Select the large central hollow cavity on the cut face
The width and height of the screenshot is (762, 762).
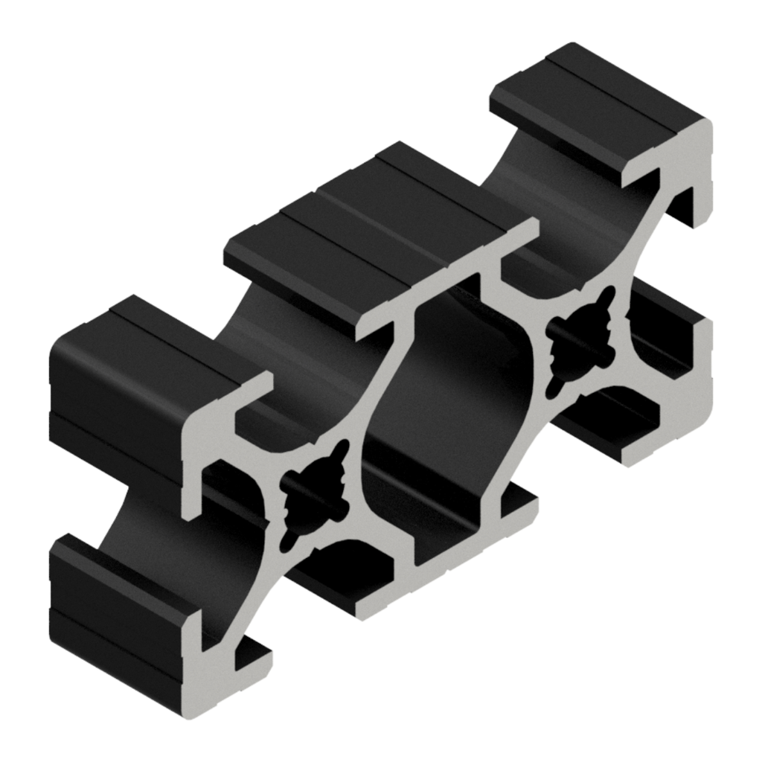coord(446,417)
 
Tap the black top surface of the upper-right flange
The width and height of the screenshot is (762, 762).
coord(595,112)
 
